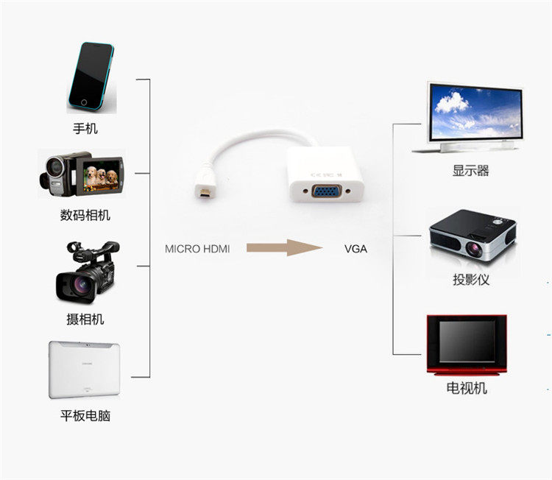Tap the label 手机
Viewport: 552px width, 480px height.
[x=85, y=129]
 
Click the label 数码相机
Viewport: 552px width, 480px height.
[x=85, y=216]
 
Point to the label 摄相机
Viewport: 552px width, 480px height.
[x=85, y=319]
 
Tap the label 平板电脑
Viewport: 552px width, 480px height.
[x=85, y=415]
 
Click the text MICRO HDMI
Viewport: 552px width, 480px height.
[x=197, y=249]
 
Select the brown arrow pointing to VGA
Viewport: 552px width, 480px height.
[x=284, y=248]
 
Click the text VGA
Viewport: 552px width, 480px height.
[x=355, y=249]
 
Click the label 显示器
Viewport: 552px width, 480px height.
[x=471, y=172]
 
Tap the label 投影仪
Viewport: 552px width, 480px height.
[x=471, y=280]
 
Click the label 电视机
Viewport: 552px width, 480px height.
[x=467, y=388]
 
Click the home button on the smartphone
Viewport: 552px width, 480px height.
[x=84, y=102]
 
